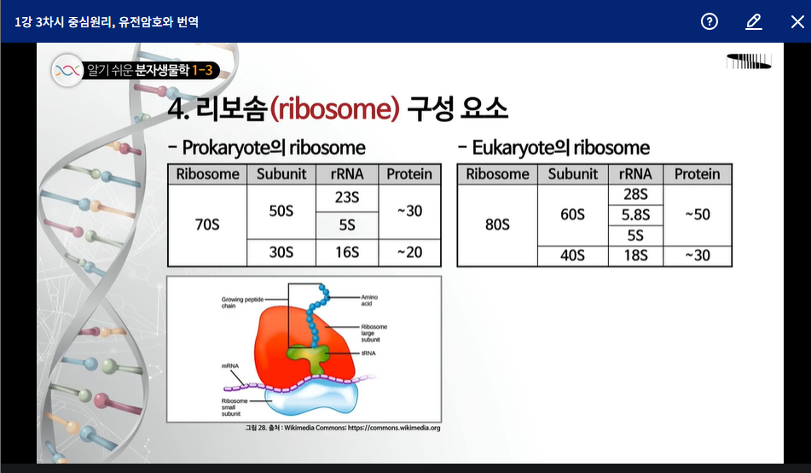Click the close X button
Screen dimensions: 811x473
(797, 21)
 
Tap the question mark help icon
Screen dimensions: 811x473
(710, 21)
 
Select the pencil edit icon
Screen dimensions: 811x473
(754, 21)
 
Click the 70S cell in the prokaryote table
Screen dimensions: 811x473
(207, 225)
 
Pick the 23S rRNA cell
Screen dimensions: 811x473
(347, 198)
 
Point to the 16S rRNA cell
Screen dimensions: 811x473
(347, 253)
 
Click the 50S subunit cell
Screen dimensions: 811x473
(281, 212)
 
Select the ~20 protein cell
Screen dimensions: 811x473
(409, 253)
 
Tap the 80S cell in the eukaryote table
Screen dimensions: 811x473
(497, 225)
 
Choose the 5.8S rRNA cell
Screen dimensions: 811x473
(635, 215)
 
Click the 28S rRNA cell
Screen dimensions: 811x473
(635, 195)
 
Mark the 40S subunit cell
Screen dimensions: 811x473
(572, 256)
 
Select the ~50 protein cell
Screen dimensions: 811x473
(698, 215)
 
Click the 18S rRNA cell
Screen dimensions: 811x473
(635, 256)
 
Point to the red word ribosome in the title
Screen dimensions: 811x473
(335, 108)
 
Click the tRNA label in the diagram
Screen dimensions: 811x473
(368, 353)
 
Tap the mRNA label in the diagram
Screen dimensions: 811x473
(230, 365)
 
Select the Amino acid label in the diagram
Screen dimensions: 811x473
(369, 301)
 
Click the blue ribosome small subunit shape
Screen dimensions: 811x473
(311, 400)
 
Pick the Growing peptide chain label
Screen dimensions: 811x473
(242, 302)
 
